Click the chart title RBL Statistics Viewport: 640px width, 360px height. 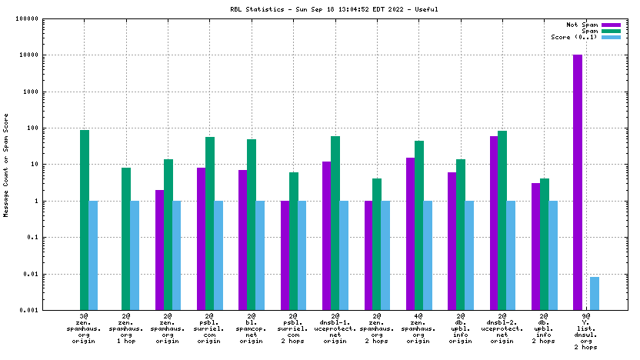pos(319,10)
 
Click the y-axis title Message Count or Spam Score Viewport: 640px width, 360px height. pos(7,165)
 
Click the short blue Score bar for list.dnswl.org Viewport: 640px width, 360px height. pos(595,293)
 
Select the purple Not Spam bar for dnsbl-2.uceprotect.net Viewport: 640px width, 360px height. pos(494,223)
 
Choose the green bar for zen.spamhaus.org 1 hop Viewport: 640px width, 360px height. pos(126,238)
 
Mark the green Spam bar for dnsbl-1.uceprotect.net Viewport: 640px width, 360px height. pos(335,223)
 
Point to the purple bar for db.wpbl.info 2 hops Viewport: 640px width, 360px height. pos(535,246)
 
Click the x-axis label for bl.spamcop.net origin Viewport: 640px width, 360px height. pos(252,330)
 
